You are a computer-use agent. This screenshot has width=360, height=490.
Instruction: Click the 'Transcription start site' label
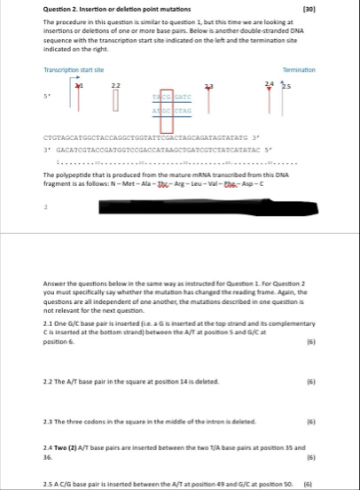[74, 68]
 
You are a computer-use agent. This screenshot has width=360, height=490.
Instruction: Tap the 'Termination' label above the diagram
[325, 68]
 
